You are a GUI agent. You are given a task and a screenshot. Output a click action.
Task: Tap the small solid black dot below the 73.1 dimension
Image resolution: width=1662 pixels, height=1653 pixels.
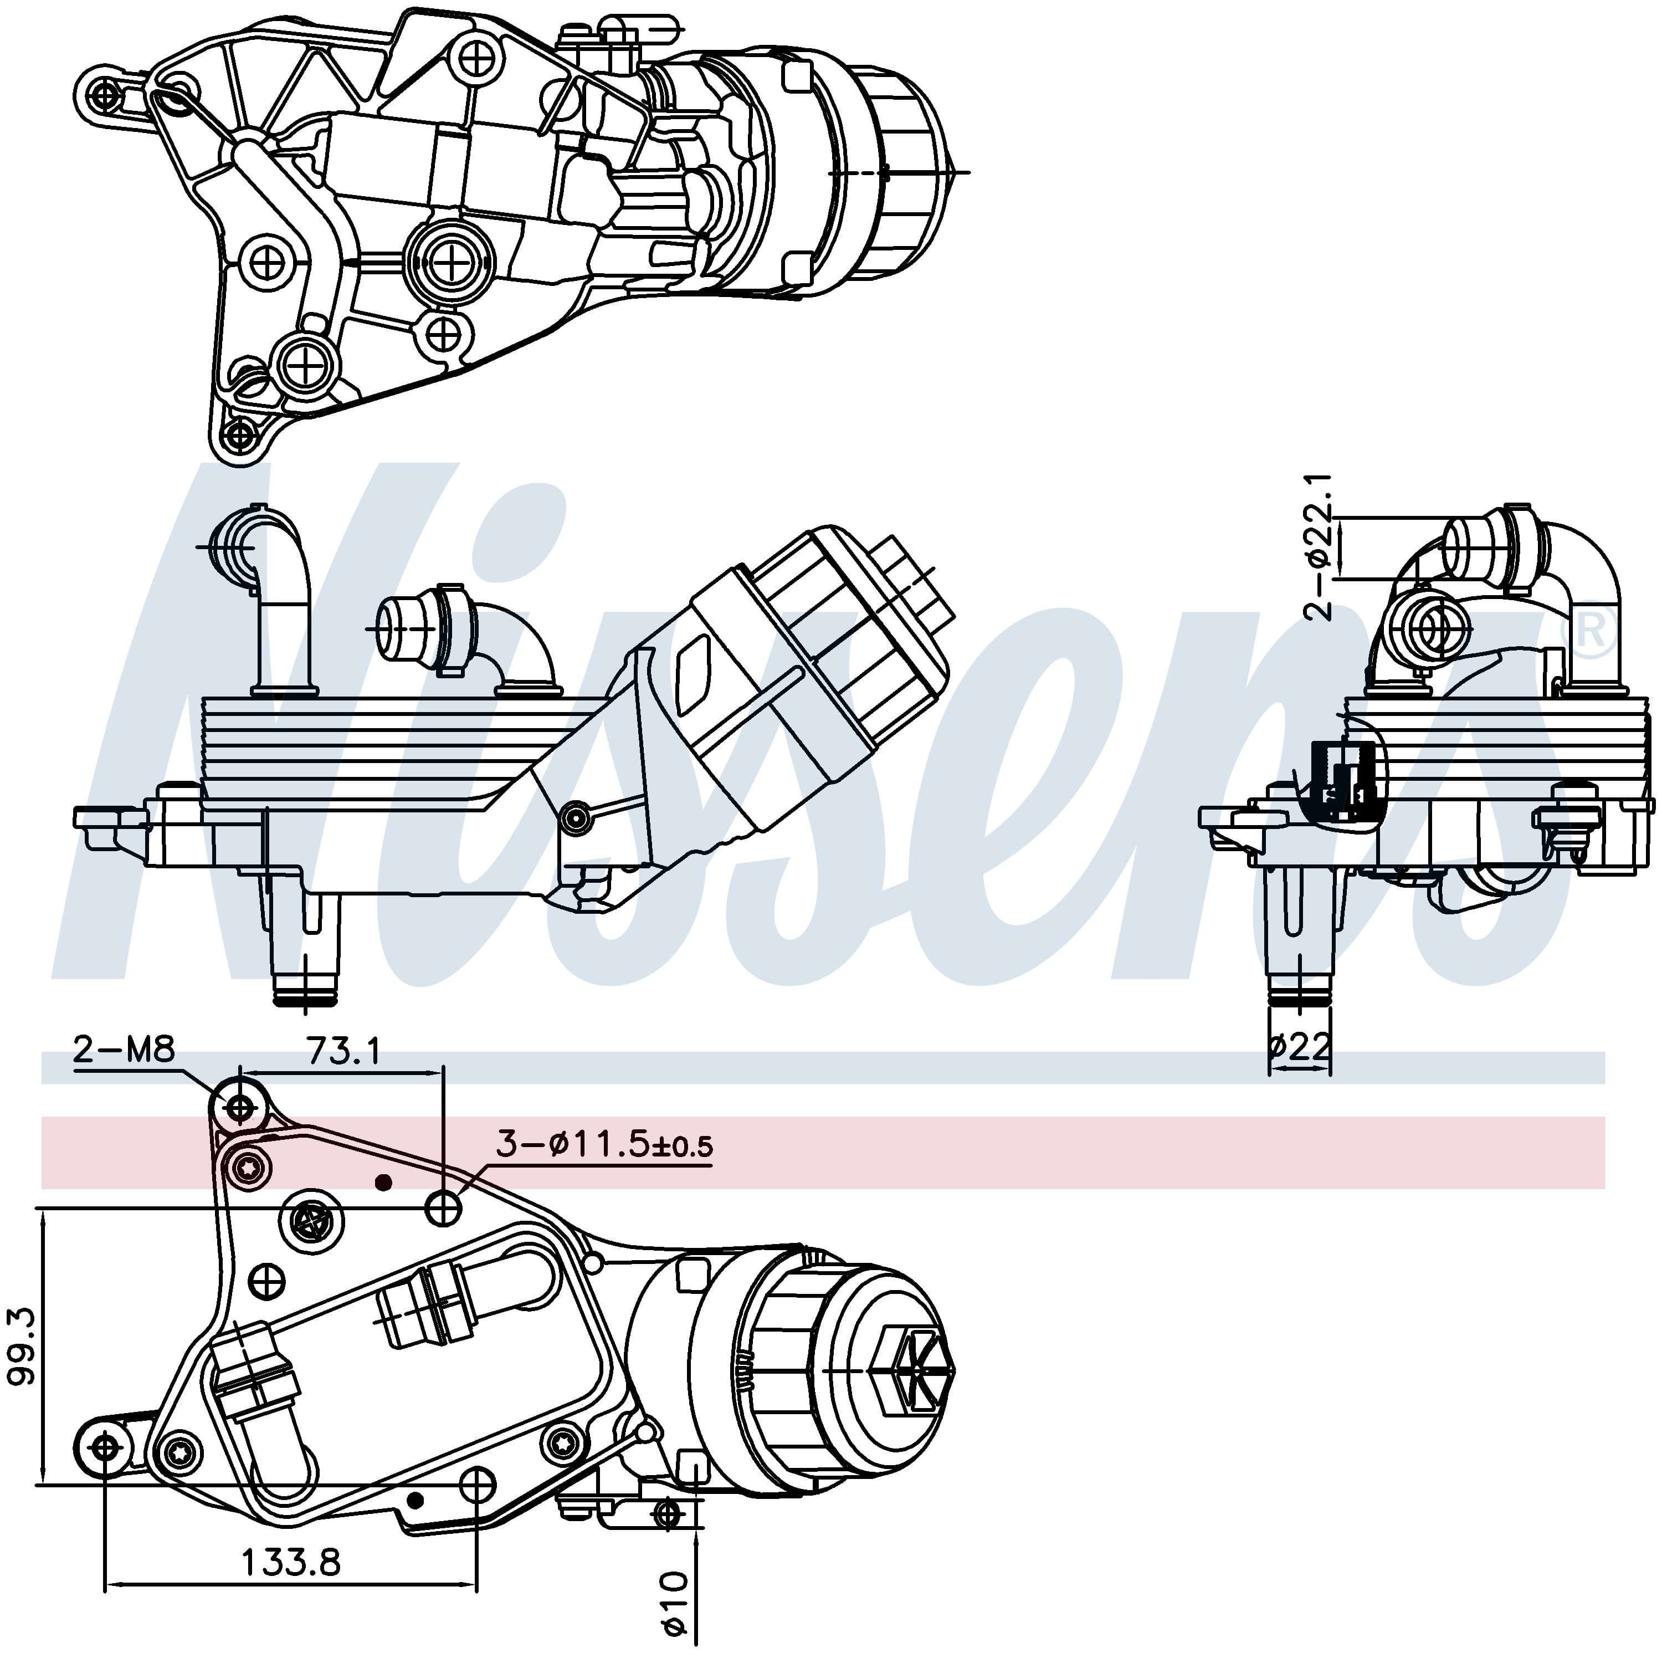384,1183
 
